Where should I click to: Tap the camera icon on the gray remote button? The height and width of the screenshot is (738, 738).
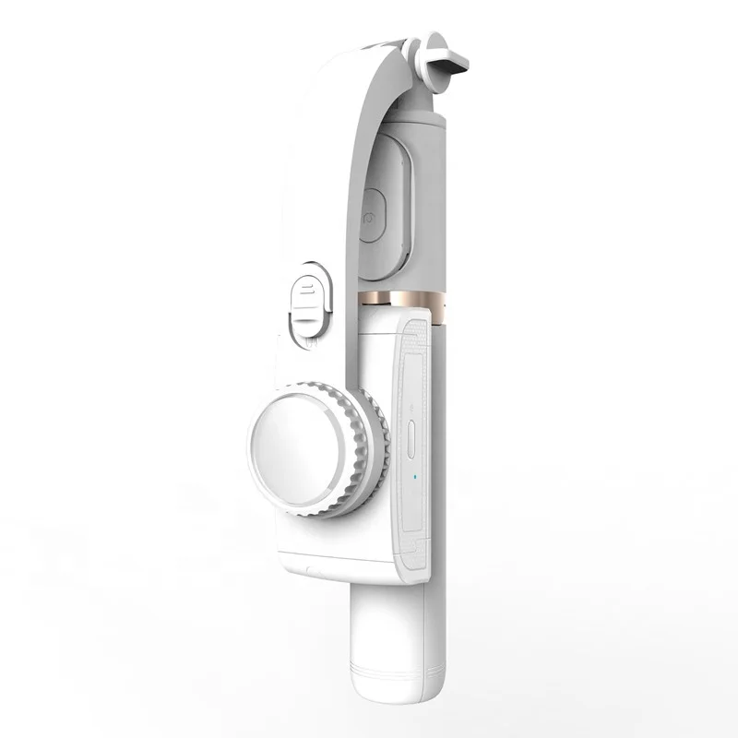point(371,220)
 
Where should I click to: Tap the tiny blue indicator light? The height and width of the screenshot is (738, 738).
point(417,478)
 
